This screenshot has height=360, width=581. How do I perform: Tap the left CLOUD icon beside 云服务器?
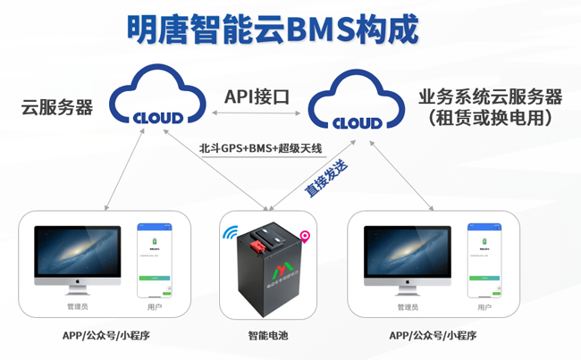tap(157, 99)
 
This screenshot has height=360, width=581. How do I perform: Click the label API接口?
tap(257, 96)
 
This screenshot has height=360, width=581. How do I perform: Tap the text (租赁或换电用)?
tap(489, 118)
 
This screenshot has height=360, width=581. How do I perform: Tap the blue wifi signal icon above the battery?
tap(231, 234)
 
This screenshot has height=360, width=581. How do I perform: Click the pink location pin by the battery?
tap(306, 238)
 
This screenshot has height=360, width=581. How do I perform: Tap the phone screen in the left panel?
tap(153, 260)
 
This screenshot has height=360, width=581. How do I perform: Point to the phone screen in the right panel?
tap(484, 260)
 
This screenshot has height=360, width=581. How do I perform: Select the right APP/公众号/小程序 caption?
tap(433, 336)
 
